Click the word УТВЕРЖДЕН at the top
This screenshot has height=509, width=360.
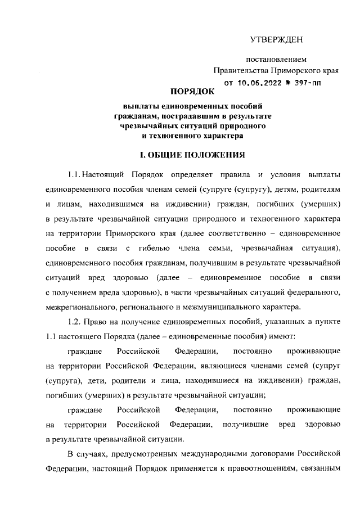(x=276, y=39)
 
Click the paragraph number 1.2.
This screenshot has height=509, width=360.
(x=74, y=321)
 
